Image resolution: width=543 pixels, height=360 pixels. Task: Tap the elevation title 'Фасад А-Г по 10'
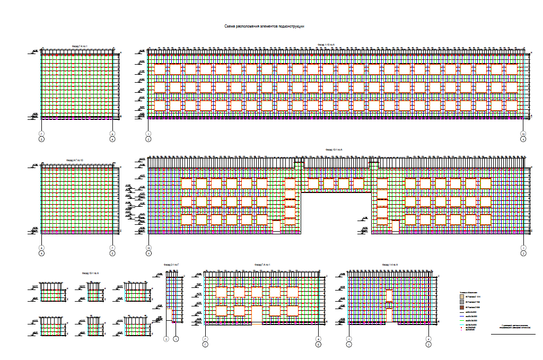point(75,160)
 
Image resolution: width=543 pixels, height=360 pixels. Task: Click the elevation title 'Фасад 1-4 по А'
point(390,264)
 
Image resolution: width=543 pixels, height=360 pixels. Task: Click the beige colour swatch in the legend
point(461,297)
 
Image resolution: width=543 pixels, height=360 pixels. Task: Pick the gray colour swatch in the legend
point(461,302)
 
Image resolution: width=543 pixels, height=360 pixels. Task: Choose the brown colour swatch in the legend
point(461,307)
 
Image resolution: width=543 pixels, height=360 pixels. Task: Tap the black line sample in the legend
point(461,312)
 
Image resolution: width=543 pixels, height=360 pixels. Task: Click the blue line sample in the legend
point(461,317)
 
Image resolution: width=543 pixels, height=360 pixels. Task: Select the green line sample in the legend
point(461,321)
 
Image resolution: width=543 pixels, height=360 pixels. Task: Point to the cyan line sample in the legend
point(461,325)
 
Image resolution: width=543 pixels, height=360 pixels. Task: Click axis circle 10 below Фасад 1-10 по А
point(523,133)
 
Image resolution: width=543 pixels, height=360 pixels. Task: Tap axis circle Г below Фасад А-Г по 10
point(112,248)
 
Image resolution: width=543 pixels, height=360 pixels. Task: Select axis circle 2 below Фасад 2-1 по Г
point(167,338)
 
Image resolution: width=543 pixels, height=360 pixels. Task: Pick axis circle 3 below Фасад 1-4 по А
point(428,344)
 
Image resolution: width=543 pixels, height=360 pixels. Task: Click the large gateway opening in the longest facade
point(336,212)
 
